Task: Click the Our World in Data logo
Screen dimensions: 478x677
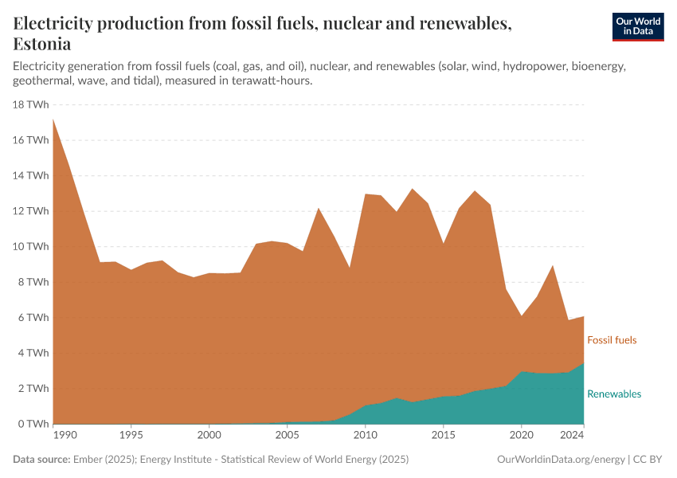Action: click(x=637, y=26)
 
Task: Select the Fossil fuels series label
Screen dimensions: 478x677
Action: click(x=612, y=340)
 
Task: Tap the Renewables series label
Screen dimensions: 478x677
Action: click(x=613, y=394)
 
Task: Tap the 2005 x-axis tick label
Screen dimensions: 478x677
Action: click(x=287, y=436)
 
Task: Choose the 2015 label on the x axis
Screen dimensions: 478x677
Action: click(x=443, y=436)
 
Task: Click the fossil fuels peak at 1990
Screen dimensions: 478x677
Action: click(x=53, y=119)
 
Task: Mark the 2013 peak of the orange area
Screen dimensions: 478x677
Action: click(x=412, y=189)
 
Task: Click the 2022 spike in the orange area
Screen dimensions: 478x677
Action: click(x=553, y=266)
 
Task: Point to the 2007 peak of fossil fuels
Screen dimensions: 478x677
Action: click(x=319, y=209)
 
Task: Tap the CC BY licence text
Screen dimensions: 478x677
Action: click(x=648, y=460)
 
